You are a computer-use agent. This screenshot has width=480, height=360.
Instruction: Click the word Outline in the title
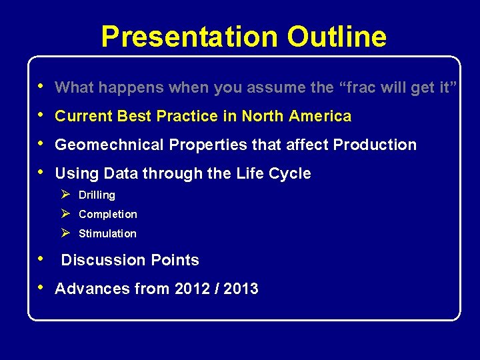pyautogui.click(x=337, y=37)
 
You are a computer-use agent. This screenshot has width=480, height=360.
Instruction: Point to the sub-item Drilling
pyautogui.click(x=97, y=195)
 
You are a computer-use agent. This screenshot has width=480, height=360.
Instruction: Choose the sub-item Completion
pyautogui.click(x=108, y=215)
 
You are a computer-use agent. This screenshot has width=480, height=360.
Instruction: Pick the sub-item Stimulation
pyautogui.click(x=107, y=234)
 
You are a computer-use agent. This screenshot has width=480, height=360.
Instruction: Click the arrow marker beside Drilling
pyautogui.click(x=65, y=195)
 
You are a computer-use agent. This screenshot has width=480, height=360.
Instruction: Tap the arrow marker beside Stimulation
pyautogui.click(x=65, y=233)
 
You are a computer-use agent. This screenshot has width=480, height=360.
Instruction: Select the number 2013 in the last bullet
pyautogui.click(x=241, y=289)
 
